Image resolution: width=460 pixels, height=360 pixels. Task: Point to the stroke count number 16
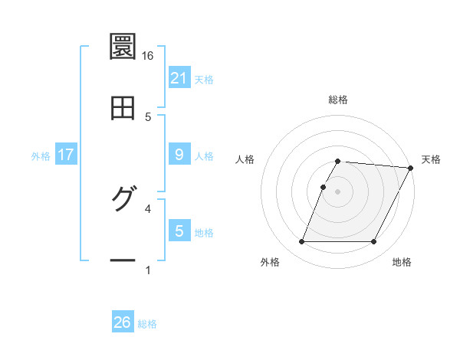[x=148, y=55]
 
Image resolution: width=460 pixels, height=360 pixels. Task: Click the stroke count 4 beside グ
[x=148, y=208]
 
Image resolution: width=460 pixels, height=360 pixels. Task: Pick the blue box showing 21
[x=179, y=78]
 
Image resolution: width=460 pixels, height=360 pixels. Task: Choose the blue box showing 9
[x=179, y=155]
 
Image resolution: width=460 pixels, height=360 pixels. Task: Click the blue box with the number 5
[x=179, y=231]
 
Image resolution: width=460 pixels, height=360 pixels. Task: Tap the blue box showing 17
[x=66, y=155]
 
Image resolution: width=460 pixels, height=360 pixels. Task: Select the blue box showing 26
[x=123, y=322]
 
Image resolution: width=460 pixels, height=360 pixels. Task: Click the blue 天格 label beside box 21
[x=204, y=80]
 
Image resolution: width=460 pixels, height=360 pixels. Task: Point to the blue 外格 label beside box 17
[x=41, y=156]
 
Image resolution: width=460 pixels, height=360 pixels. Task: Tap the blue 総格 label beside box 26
[x=147, y=324]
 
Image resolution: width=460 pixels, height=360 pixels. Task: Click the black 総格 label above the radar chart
[x=338, y=100]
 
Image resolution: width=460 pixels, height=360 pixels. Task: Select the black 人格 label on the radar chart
[x=245, y=159]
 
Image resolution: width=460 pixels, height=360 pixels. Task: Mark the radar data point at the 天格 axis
[x=411, y=168]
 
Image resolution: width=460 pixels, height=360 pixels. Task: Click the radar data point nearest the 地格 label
[x=374, y=242]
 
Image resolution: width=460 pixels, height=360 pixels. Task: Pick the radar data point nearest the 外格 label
[x=301, y=242]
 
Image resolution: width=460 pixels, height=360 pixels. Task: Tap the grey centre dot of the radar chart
[x=338, y=191]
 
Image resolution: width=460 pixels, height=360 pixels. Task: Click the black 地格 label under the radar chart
[x=402, y=263]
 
